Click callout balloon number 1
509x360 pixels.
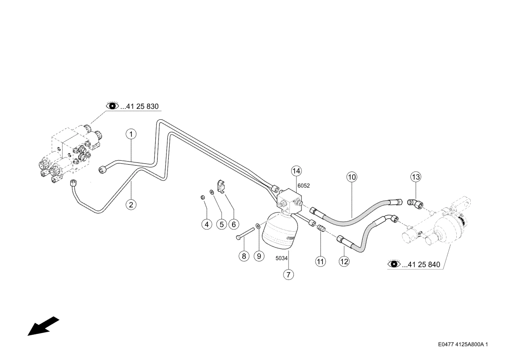(x=131, y=134)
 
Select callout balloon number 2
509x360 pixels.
(x=131, y=204)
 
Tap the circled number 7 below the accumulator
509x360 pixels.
(x=288, y=274)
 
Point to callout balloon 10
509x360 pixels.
(x=352, y=177)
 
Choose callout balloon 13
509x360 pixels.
(x=415, y=177)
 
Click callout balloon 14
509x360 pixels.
(x=297, y=171)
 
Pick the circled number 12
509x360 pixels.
(x=344, y=261)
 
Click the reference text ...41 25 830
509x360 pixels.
(x=140, y=107)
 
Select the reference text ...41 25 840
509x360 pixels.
(x=421, y=265)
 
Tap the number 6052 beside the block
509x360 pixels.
(x=304, y=186)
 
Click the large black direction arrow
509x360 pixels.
(x=43, y=326)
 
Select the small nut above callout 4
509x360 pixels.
(x=202, y=197)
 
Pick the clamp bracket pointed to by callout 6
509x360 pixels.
(x=222, y=187)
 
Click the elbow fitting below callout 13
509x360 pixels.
(x=415, y=203)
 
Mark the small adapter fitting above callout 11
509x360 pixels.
(x=321, y=228)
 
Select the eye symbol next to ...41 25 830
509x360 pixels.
(x=113, y=106)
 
